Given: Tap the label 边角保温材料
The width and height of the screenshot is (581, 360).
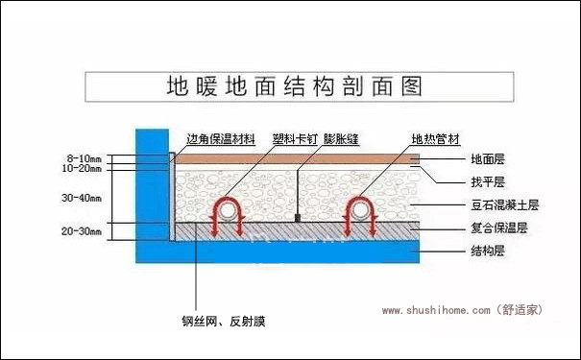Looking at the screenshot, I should (221, 140).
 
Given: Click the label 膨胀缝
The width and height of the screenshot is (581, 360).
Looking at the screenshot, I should (341, 140).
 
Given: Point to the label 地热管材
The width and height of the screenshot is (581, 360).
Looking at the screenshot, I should (429, 140).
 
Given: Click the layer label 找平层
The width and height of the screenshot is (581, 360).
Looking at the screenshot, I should (488, 181).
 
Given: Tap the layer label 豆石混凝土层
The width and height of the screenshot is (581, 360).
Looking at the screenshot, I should (505, 205).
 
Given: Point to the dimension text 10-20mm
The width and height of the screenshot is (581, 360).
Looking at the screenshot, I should (84, 167).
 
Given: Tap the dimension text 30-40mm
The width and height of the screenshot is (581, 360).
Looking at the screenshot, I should (84, 198).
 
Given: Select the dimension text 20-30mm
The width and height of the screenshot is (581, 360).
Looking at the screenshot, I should (84, 230).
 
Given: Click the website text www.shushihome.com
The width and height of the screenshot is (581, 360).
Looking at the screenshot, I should (437, 310).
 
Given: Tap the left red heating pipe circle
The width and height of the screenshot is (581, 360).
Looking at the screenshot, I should (229, 209).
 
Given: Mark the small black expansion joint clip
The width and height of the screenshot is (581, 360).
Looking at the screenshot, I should (298, 218).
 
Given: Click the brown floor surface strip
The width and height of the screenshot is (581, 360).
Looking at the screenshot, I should (288, 157).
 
